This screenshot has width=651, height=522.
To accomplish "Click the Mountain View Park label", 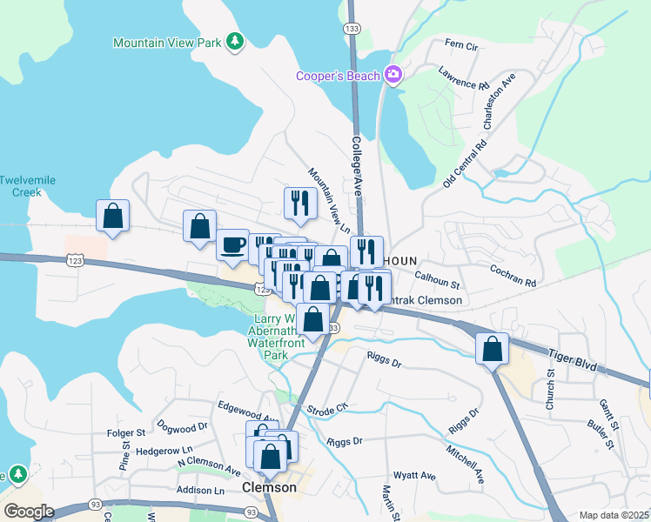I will coord(167,43).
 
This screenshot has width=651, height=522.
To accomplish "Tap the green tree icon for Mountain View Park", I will coord(234,41).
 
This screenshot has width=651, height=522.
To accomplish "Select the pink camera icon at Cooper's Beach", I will coord(393,76).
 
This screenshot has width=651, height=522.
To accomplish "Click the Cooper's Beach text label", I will coord(338,76).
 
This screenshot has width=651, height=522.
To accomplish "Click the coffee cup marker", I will coord(232,244).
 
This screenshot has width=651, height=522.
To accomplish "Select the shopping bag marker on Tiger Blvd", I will coord(493,348).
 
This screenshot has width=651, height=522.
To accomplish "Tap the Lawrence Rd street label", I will coord(464,78).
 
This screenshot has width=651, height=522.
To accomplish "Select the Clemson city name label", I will coord(270,488).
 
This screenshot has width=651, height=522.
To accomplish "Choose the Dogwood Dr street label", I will coord(183,427).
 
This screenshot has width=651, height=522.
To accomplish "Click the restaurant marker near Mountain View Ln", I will coord(300,203).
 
